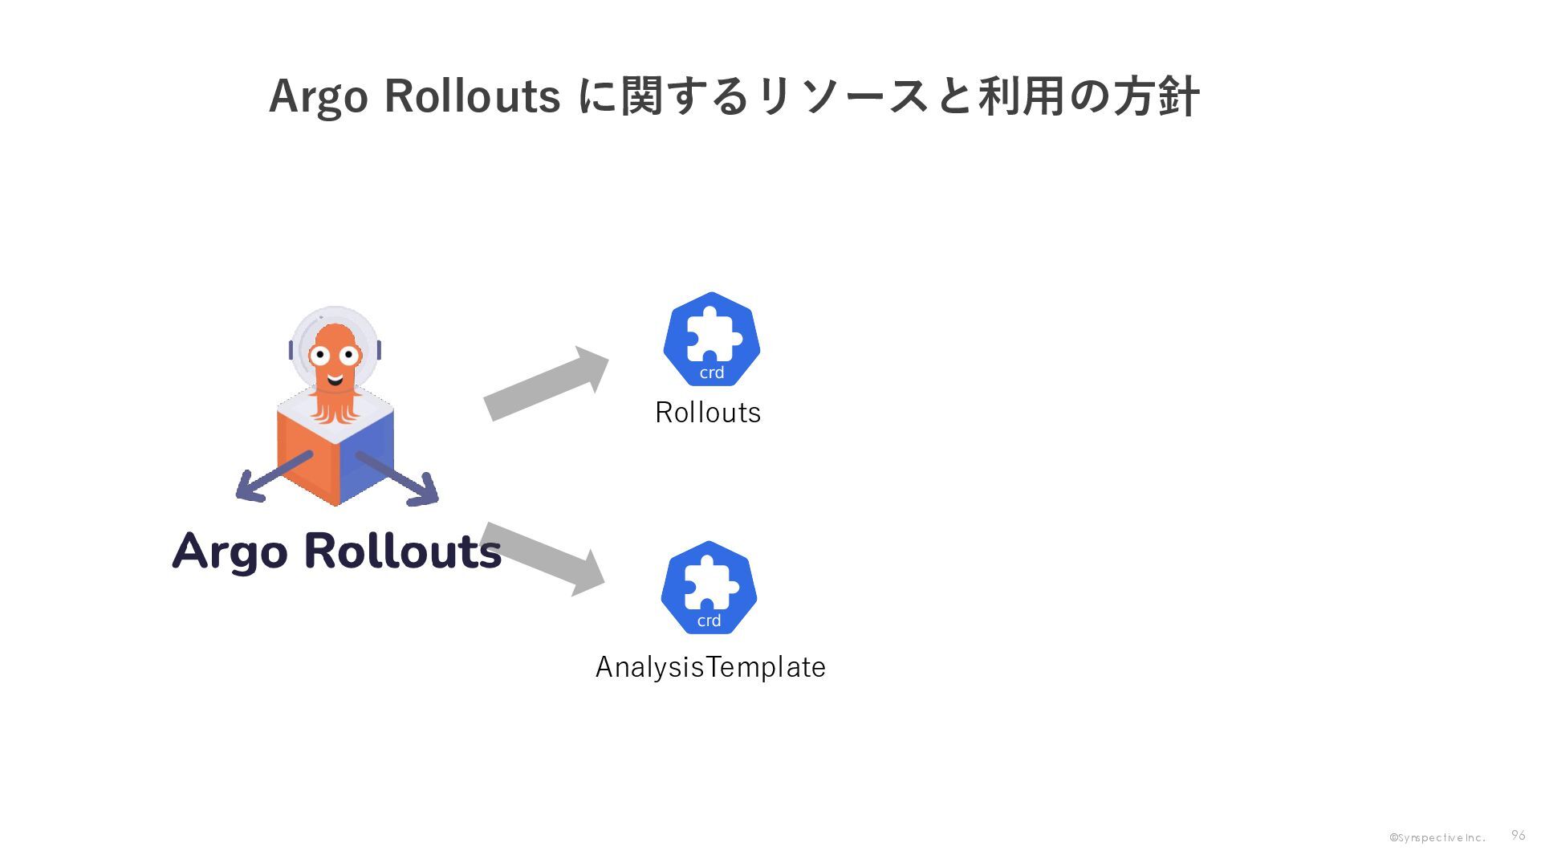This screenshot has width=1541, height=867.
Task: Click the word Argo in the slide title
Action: coord(318,97)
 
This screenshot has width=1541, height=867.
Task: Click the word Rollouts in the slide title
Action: coord(472,96)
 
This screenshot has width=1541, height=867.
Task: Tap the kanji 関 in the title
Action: coord(641,96)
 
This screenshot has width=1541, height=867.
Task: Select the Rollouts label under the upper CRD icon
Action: coord(708,413)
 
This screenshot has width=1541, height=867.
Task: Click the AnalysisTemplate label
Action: coord(710,667)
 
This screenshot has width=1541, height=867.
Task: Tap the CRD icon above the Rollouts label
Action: coord(711,339)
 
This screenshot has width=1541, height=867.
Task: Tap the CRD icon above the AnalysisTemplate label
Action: coord(709,588)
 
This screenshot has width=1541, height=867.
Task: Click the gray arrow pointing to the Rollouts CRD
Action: coord(547,383)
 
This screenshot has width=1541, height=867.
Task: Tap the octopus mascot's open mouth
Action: coord(335,379)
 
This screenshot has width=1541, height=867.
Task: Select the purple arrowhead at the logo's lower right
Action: coord(425,490)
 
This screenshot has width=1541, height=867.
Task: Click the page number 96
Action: coord(1518,836)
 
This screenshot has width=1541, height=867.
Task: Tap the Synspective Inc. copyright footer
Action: coord(1437,838)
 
